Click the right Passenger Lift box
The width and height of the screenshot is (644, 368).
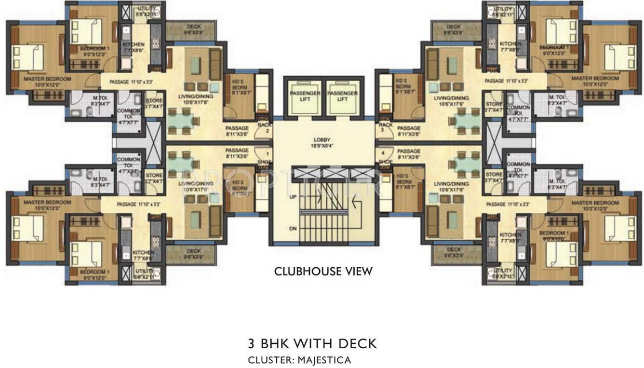pos(342,96)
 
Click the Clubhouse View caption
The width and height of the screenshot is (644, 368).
pos(323,272)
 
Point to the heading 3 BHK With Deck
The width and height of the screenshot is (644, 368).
pos(312,343)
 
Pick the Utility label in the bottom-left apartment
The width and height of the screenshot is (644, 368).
pos(143,274)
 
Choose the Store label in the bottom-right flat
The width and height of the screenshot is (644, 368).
pos(494,177)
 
